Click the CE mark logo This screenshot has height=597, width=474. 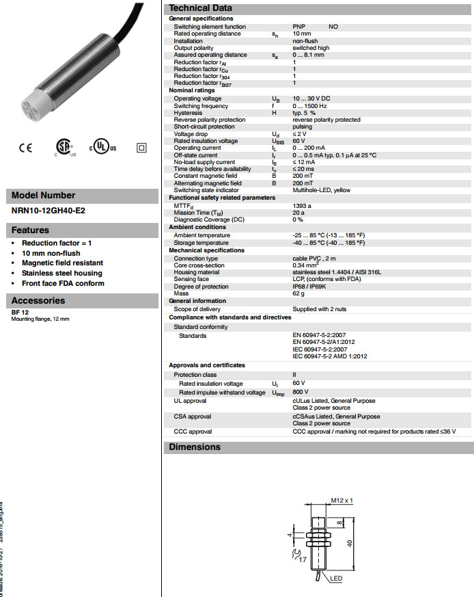[25, 148]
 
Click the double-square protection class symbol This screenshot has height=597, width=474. [142, 148]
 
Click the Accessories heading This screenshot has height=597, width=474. [38, 300]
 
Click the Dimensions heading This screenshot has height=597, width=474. [195, 447]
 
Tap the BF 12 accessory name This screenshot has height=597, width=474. [20, 313]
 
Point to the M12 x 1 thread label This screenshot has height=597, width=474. [341, 501]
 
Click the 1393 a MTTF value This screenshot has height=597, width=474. [302, 205]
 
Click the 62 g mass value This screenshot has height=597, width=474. [298, 293]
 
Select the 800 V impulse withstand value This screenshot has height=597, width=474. [301, 393]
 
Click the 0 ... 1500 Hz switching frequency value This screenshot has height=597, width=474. [309, 106]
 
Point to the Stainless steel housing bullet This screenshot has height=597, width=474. [61, 273]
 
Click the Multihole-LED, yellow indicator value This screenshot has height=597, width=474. [321, 190]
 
